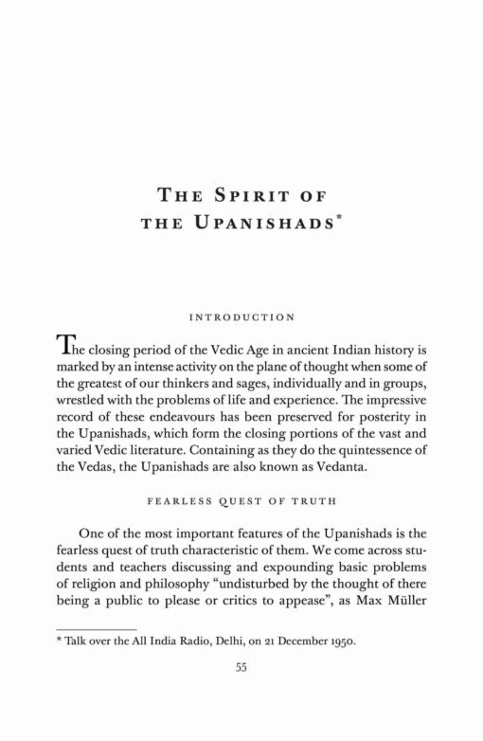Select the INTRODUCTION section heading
tap(241, 316)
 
